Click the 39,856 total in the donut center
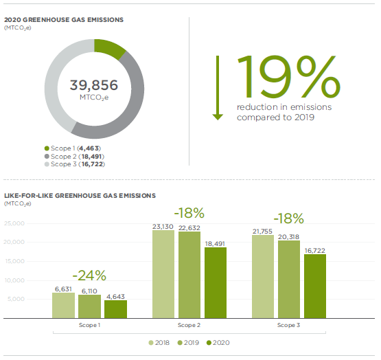point(93,86)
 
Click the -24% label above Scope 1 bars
point(91,275)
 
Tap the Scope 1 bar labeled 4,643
point(115,309)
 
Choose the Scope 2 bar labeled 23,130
point(163,274)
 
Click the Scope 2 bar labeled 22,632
point(189,275)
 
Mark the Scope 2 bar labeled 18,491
point(214,282)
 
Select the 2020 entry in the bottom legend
point(218,341)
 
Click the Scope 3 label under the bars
point(288,324)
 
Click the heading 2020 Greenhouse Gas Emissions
point(64,20)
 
